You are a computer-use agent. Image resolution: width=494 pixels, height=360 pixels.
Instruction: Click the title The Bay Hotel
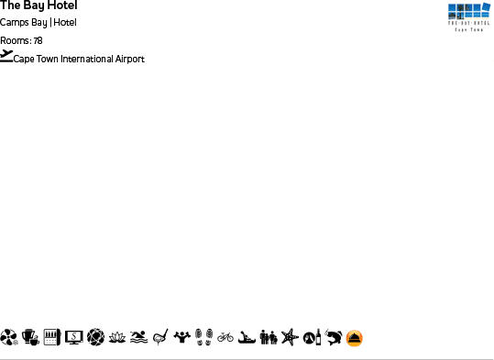38,5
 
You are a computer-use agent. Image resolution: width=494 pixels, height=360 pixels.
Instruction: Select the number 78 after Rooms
38,40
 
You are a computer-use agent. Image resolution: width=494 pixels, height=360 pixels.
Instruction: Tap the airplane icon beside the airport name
6,56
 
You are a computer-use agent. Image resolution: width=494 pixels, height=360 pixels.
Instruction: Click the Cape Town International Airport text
79,59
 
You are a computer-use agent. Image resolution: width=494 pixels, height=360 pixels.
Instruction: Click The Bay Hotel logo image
466,16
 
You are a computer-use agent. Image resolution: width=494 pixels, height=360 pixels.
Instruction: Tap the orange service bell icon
355,338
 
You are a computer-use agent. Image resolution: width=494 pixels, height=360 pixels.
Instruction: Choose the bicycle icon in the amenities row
225,338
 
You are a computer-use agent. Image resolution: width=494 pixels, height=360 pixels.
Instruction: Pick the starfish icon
290,338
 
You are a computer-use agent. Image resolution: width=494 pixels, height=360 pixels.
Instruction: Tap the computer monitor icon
73,338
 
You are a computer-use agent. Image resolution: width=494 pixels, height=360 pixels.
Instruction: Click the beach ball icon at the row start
8,338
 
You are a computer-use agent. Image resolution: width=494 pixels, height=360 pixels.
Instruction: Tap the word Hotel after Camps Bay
65,22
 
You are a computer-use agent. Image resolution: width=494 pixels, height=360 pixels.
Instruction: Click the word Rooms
15,40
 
